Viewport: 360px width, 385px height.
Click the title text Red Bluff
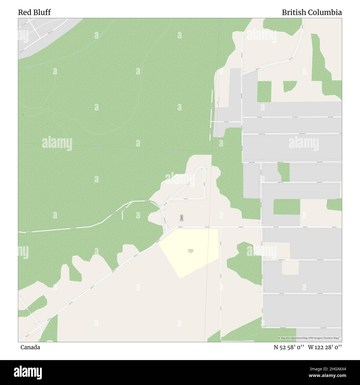click(x=34, y=12)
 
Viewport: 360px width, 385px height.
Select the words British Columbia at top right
click(x=312, y=12)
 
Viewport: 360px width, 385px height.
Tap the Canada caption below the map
click(x=30, y=347)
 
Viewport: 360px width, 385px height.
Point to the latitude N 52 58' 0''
click(x=289, y=347)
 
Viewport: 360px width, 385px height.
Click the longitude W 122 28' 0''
click(x=325, y=347)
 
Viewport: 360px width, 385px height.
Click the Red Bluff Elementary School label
click(x=191, y=251)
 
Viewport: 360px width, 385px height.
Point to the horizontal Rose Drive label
click(x=186, y=199)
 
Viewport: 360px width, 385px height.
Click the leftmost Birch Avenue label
click(x=259, y=117)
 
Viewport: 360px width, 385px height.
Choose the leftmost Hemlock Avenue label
click(x=262, y=134)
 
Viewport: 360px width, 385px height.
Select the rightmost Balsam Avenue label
click(x=320, y=162)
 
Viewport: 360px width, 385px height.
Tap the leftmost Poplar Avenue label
click(x=281, y=182)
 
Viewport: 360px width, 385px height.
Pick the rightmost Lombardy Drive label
click(x=320, y=260)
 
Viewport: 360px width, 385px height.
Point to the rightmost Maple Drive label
click(x=334, y=227)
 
